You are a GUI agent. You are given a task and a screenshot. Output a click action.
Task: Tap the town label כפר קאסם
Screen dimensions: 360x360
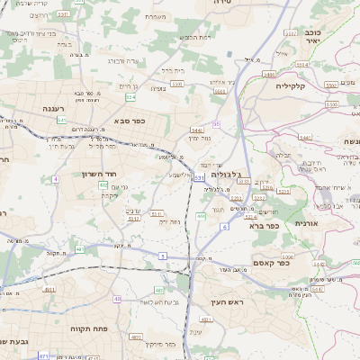(295, 264)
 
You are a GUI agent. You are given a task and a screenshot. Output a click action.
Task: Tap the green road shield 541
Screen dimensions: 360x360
(62, 120)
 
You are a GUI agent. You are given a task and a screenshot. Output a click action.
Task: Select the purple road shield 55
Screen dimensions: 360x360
(216, 124)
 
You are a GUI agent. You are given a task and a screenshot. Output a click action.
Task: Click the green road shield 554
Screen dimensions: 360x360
(130, 96)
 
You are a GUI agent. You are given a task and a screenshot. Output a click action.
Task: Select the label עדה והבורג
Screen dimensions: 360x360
(122, 61)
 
